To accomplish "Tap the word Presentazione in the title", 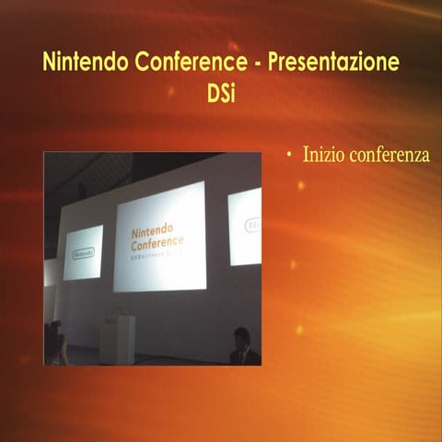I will pos(334,64).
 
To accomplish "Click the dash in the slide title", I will pos(251,64).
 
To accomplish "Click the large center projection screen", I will pos(159,237).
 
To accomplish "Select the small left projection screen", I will pos(83,251).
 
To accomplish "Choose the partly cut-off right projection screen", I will pos(244,227).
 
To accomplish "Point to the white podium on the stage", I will pos(117,339).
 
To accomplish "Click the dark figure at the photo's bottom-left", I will pos(55,343).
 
